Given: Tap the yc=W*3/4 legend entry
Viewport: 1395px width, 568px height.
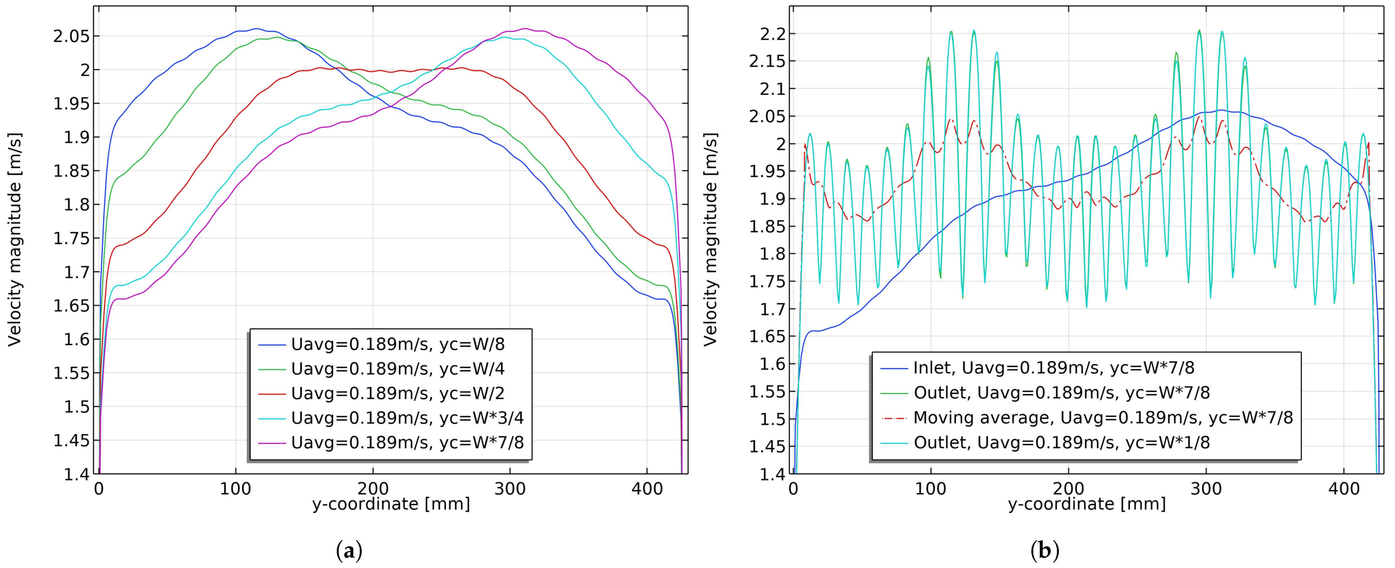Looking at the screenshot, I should point(407,418).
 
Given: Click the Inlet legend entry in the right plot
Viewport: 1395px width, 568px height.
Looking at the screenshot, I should point(1053,368).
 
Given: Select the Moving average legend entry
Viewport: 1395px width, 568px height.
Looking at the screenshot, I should point(1103,418).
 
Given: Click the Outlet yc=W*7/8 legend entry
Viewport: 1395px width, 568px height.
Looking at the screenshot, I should point(1061,393).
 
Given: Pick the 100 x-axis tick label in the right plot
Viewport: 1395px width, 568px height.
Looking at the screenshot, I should point(930,489).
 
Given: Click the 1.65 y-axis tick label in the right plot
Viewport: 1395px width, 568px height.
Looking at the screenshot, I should point(767,336).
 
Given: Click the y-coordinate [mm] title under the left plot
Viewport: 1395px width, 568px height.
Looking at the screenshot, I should point(391,504).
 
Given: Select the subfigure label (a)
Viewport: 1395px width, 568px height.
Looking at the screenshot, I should point(349,551).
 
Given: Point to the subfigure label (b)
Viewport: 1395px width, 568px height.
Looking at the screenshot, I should point(1044,551).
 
